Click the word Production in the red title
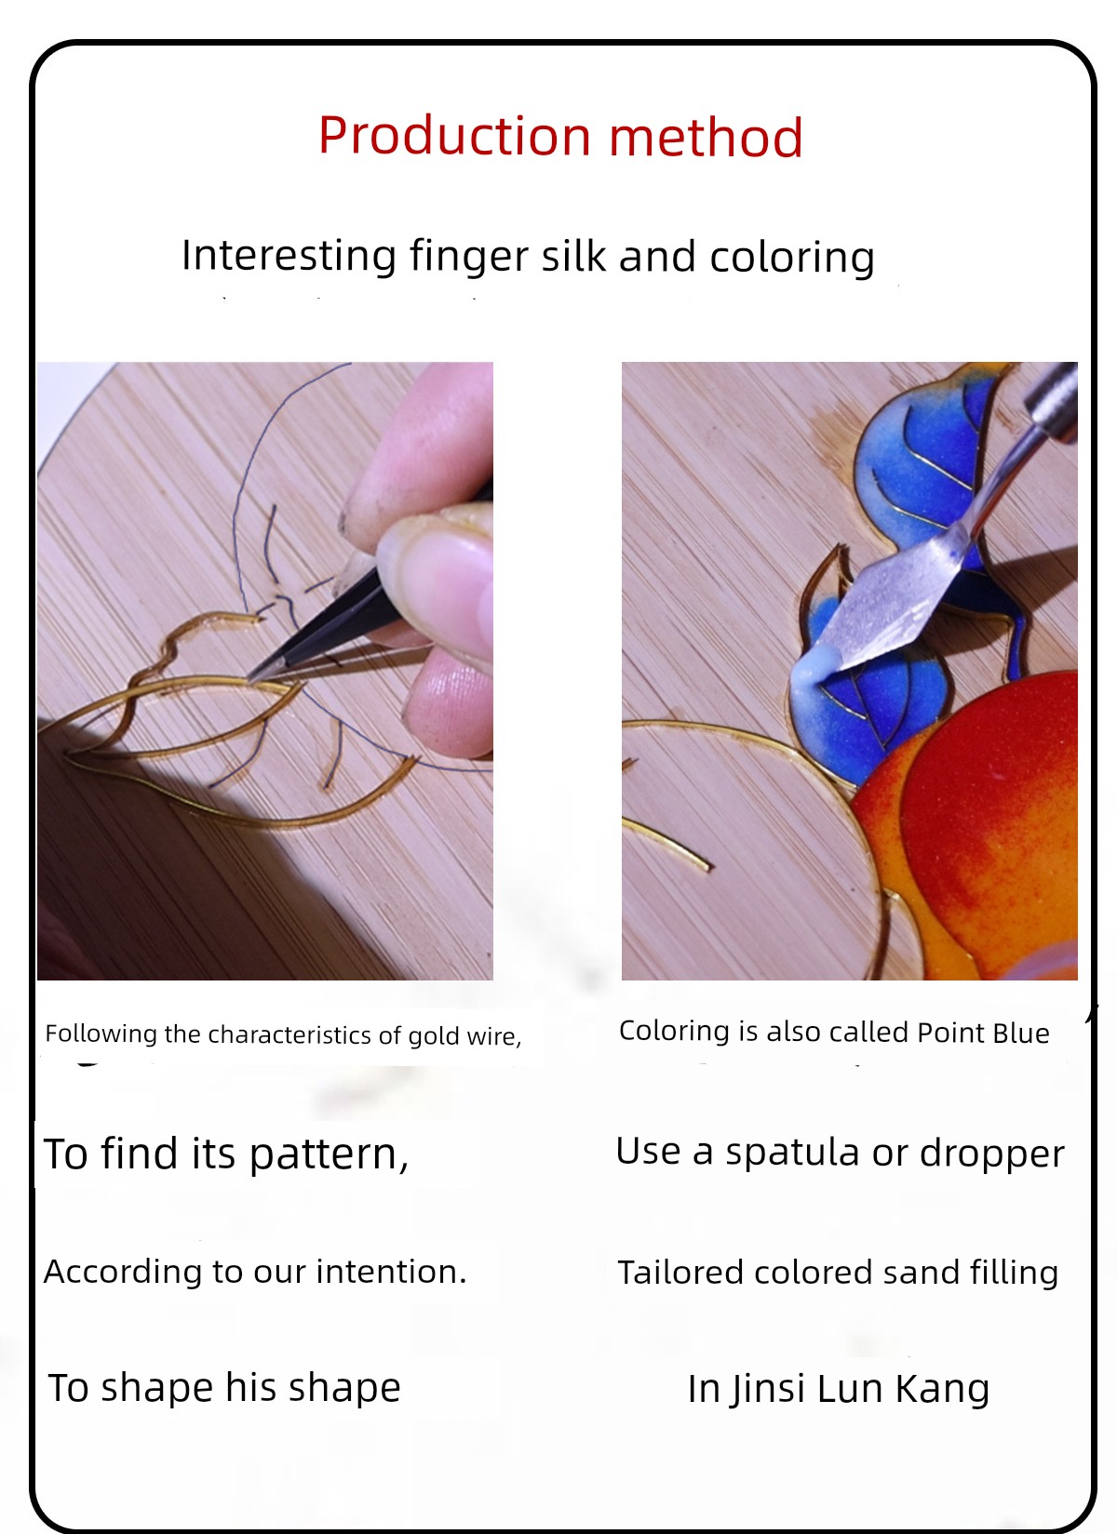(454, 136)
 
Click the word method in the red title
(706, 136)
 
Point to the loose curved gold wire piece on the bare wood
(668, 845)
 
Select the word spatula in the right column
(792, 1154)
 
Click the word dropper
(992, 1154)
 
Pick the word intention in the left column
(391, 1271)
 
